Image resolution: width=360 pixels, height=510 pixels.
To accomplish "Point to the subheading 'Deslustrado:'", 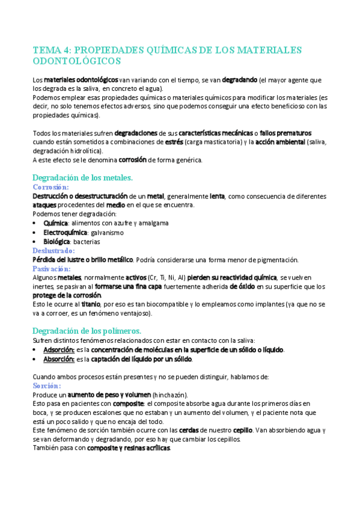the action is (53, 250).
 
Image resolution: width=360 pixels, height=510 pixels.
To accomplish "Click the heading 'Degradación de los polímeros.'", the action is (87, 331).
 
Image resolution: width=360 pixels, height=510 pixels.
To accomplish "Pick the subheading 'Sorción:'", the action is (47, 385).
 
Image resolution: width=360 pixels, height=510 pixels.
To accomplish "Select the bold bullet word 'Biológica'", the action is (59, 241).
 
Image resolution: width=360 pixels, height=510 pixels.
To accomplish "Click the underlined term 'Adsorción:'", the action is (59, 349).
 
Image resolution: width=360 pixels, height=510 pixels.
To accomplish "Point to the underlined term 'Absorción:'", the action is (59, 359).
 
